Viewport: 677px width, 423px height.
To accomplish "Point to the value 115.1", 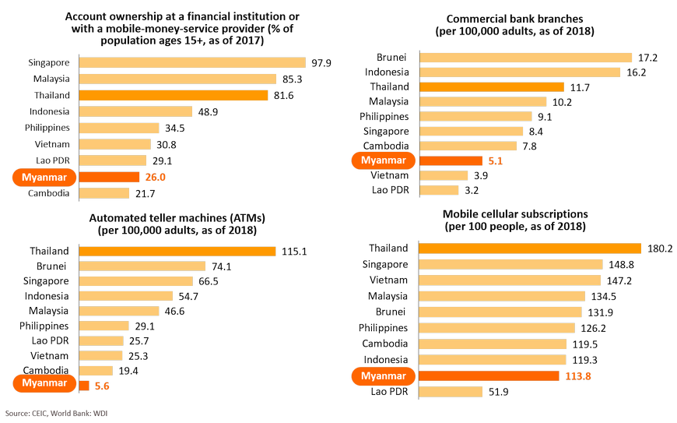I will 295,251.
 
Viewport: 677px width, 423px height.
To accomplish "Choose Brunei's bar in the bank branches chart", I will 525,58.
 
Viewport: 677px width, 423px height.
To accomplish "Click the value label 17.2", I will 647,58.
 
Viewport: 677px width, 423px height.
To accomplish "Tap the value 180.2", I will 659,249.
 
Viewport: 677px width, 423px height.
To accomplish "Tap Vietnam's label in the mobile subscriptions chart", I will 390,280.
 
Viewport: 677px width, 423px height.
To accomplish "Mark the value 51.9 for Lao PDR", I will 498,392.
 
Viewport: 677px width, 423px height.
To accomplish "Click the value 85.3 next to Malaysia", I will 293,79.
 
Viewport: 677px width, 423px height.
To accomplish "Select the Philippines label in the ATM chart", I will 44,325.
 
